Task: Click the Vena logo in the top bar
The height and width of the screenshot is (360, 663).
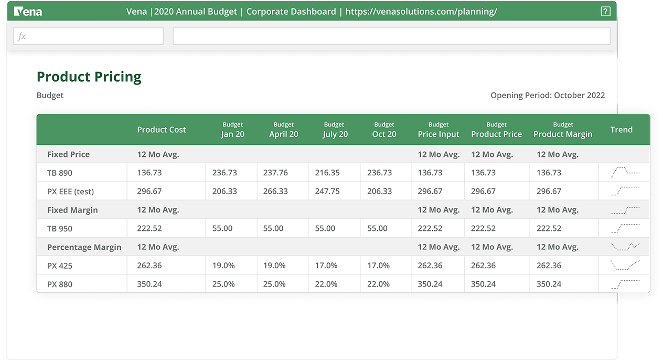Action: (28, 11)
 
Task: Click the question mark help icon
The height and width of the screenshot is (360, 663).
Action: (605, 11)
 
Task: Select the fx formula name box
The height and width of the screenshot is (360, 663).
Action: (88, 36)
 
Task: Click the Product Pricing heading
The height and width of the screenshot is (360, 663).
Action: (89, 77)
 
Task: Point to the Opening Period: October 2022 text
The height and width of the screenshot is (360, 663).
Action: (548, 96)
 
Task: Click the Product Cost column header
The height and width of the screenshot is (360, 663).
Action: (162, 130)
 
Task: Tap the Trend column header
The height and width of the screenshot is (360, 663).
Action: (622, 130)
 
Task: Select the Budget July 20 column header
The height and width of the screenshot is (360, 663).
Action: (335, 130)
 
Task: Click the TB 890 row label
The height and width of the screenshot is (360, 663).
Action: (60, 173)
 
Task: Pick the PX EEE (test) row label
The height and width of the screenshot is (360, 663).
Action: (71, 192)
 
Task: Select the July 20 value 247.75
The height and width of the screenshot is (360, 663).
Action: (327, 192)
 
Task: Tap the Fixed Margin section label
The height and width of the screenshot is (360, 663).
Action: (72, 210)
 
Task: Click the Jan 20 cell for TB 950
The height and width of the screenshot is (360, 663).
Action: (222, 229)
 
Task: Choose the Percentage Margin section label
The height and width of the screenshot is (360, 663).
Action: (84, 247)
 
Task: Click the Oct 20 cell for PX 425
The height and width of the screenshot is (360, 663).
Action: (378, 266)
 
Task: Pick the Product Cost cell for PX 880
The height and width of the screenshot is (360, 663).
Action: (149, 284)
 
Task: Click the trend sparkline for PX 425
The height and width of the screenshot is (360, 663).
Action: (625, 265)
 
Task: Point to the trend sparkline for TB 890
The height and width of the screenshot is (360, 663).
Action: (625, 172)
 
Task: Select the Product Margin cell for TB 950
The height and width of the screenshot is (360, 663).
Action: (549, 229)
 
